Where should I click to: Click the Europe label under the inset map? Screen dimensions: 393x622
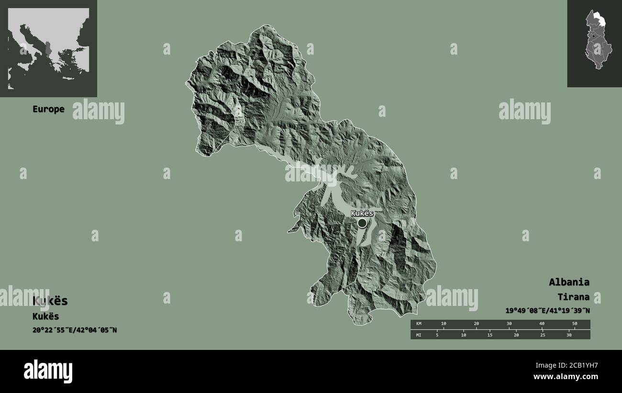(48, 109)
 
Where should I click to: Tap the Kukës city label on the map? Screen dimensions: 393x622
(362, 213)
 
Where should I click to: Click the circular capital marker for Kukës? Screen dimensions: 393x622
(362, 223)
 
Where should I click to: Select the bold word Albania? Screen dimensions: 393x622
(569, 282)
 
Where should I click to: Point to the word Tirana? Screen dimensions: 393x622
(573, 297)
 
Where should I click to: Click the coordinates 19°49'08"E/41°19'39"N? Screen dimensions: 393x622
(547, 311)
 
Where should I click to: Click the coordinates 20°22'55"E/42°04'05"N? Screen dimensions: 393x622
(75, 330)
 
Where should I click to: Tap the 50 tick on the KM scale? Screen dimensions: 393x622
(575, 324)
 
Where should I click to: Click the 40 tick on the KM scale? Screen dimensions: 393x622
(542, 324)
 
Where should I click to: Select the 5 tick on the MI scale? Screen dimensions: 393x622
(437, 335)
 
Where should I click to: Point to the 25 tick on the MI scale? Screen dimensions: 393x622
(543, 335)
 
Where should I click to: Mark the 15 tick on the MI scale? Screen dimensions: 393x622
(489, 335)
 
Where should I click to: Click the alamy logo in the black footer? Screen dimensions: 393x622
(48, 371)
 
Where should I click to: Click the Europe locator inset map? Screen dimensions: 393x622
(48, 48)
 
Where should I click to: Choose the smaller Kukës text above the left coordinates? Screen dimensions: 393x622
(45, 316)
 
